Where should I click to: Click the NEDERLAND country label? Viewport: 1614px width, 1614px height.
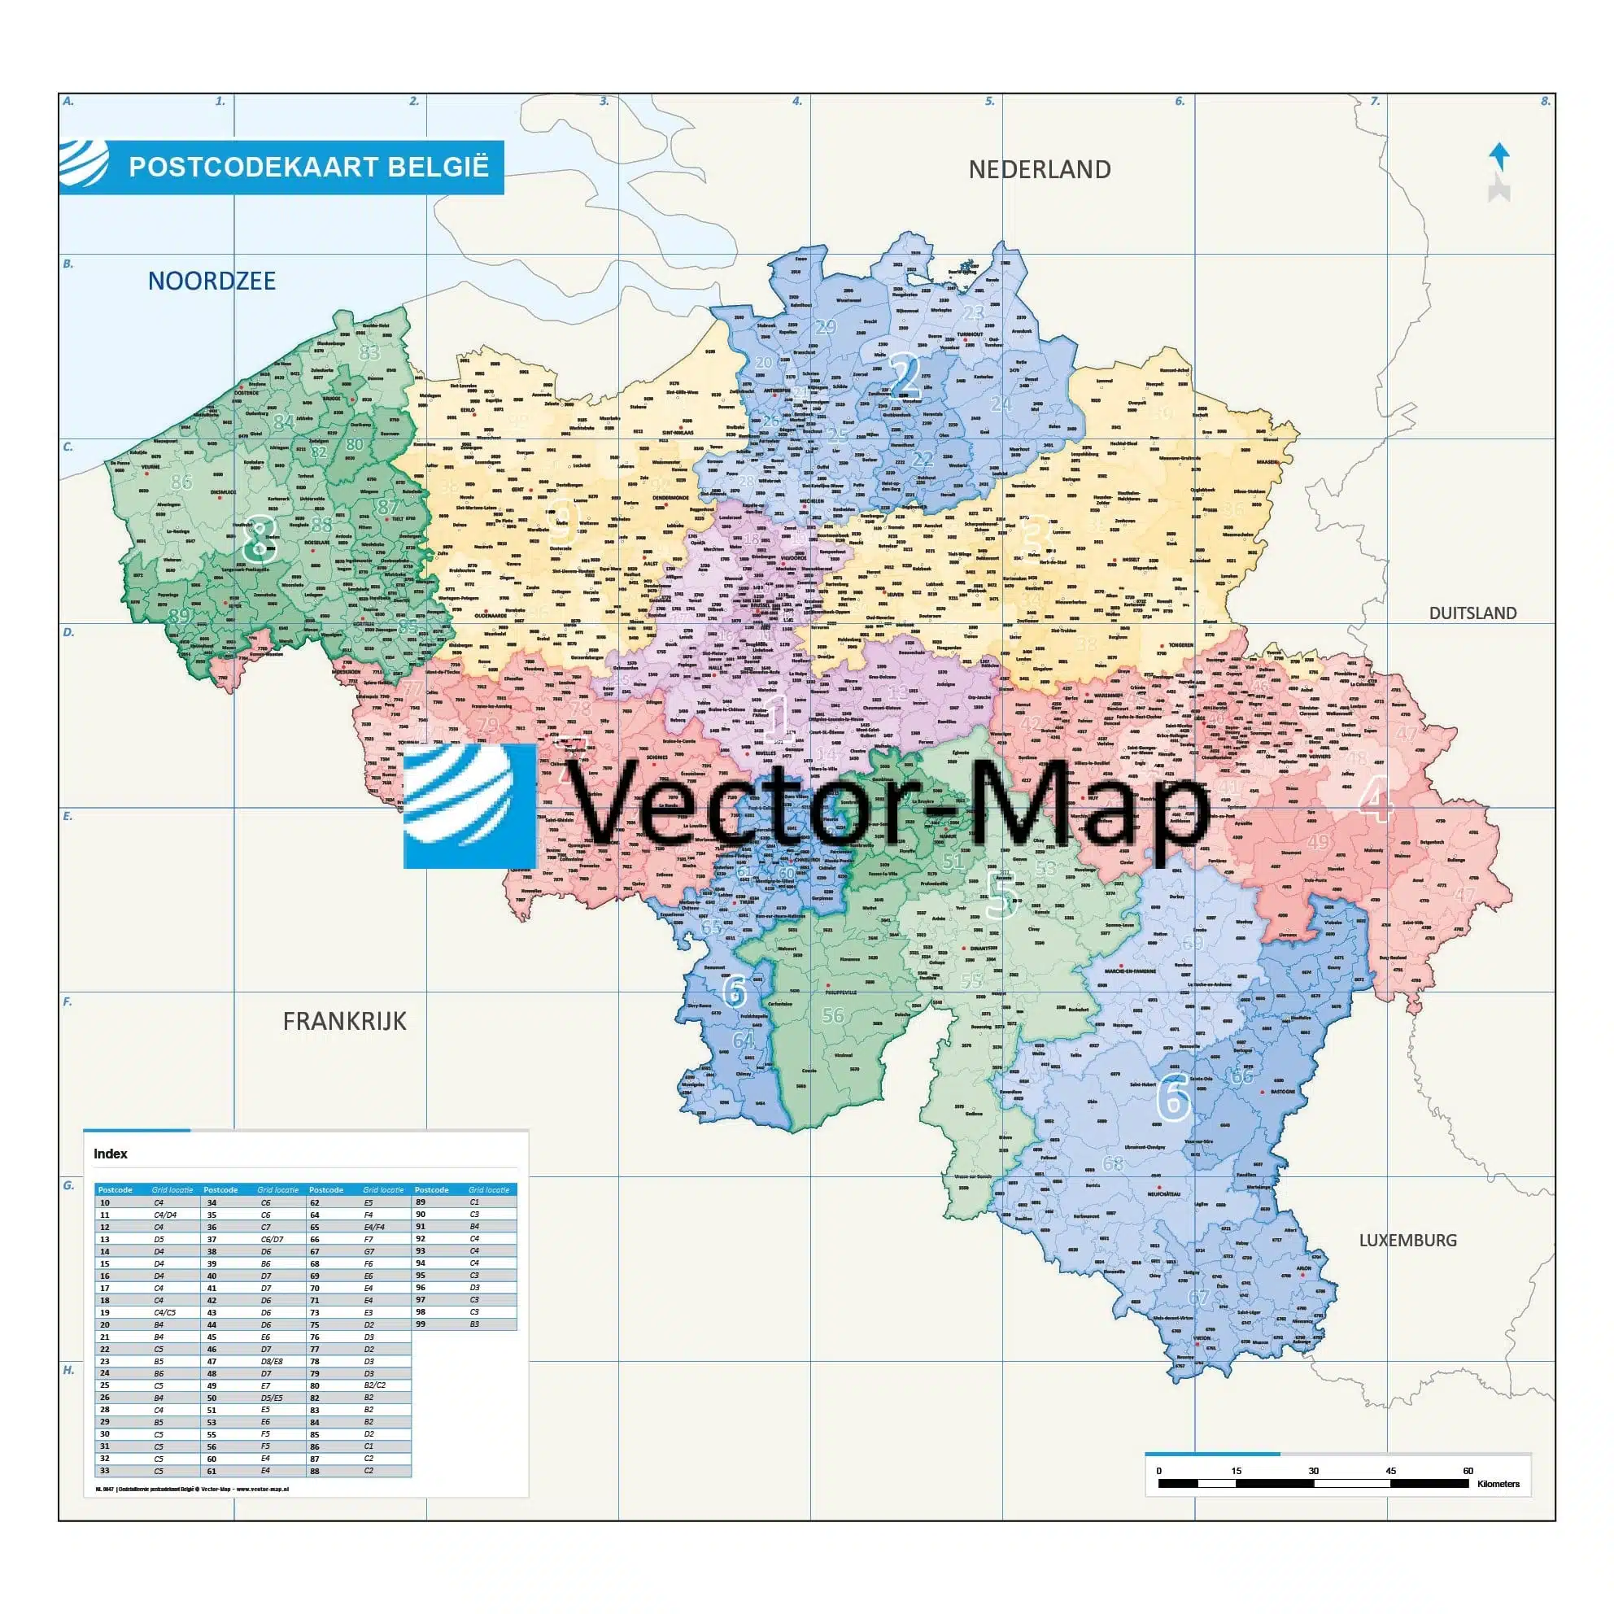point(1039,169)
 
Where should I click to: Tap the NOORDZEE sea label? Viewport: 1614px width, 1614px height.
point(212,281)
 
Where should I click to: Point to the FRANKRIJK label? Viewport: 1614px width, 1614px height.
point(344,1021)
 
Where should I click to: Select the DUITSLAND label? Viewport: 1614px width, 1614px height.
point(1472,613)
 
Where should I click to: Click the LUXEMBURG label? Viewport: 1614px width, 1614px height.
point(1407,1241)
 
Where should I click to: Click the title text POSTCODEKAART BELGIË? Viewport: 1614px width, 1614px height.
point(308,167)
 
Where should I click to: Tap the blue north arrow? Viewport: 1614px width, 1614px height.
point(1499,156)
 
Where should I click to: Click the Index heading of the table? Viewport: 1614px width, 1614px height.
point(111,1154)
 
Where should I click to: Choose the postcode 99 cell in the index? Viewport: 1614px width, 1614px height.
point(421,1324)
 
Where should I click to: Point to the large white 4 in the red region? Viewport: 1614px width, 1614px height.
point(1375,803)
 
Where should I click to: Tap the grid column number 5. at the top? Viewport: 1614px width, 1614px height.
point(990,101)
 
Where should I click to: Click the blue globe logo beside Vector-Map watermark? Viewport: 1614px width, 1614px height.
point(469,806)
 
